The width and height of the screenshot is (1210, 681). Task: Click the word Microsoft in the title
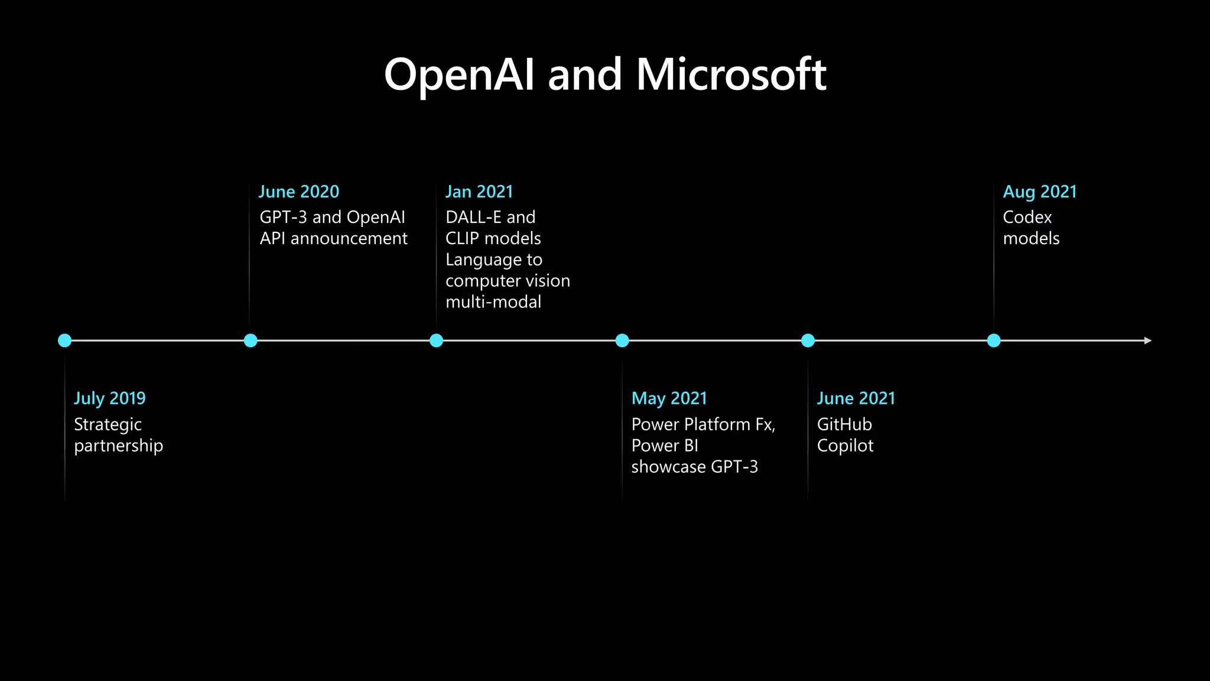click(x=731, y=75)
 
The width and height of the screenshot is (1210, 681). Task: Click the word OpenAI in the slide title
click(x=459, y=75)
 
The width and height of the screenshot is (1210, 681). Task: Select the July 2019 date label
click(x=110, y=398)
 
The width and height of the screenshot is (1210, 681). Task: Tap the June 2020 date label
click(x=299, y=192)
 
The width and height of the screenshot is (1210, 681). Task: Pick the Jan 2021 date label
click(x=479, y=192)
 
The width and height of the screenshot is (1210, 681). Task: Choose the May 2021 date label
click(x=669, y=398)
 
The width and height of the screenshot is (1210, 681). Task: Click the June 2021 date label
click(x=856, y=398)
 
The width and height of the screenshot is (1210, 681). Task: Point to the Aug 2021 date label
click(x=1040, y=192)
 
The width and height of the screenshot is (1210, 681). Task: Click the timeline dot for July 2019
click(x=65, y=340)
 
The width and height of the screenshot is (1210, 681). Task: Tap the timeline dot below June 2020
click(x=251, y=340)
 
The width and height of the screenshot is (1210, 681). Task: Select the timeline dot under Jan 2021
click(x=436, y=340)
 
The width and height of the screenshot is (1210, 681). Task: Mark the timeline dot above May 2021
click(x=622, y=340)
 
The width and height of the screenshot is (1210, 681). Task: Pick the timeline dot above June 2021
click(x=808, y=340)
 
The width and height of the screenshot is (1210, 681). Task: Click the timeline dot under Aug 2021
click(x=994, y=340)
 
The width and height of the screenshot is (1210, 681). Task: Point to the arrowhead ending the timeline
click(x=1147, y=340)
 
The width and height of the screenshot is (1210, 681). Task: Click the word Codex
click(x=1027, y=217)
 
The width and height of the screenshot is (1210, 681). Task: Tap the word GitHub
click(x=844, y=424)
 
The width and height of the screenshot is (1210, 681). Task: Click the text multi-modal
click(x=493, y=302)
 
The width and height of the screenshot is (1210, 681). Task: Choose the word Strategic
click(x=108, y=425)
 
